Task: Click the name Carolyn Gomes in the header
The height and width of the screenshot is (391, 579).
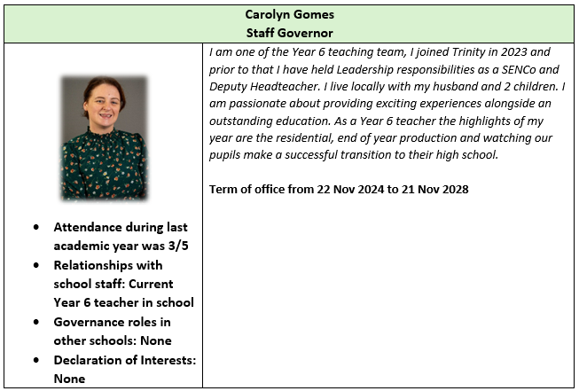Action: tap(289, 14)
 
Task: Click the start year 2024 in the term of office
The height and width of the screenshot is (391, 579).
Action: tap(383, 190)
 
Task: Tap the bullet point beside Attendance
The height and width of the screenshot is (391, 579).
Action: tap(35, 228)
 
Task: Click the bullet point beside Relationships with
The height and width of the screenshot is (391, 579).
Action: tap(35, 266)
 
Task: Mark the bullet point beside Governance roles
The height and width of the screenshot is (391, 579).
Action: tap(35, 323)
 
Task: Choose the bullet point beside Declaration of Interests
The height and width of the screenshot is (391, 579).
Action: tap(35, 361)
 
